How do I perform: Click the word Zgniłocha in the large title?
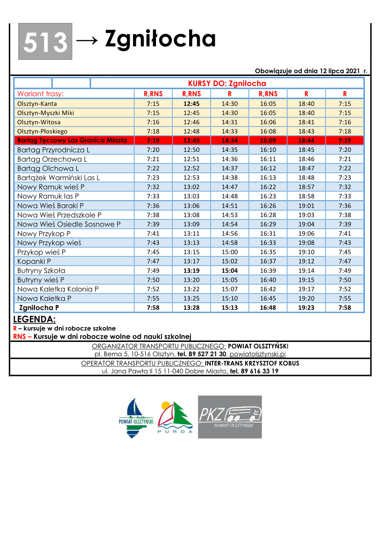160,39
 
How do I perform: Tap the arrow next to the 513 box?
87,40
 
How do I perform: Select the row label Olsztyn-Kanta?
37,104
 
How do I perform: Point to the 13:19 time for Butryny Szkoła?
191,271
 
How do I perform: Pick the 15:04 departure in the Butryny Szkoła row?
230,271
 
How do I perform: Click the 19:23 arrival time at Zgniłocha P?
306,307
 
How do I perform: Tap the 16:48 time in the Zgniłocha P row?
268,307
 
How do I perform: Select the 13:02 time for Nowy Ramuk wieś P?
191,187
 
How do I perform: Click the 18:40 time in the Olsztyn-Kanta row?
306,104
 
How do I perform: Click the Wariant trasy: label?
40,94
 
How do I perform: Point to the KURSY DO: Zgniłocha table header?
227,83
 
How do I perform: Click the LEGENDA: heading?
35,319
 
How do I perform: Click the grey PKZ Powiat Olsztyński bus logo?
230,417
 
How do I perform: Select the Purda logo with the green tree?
175,419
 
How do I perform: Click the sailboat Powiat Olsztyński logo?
136,418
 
